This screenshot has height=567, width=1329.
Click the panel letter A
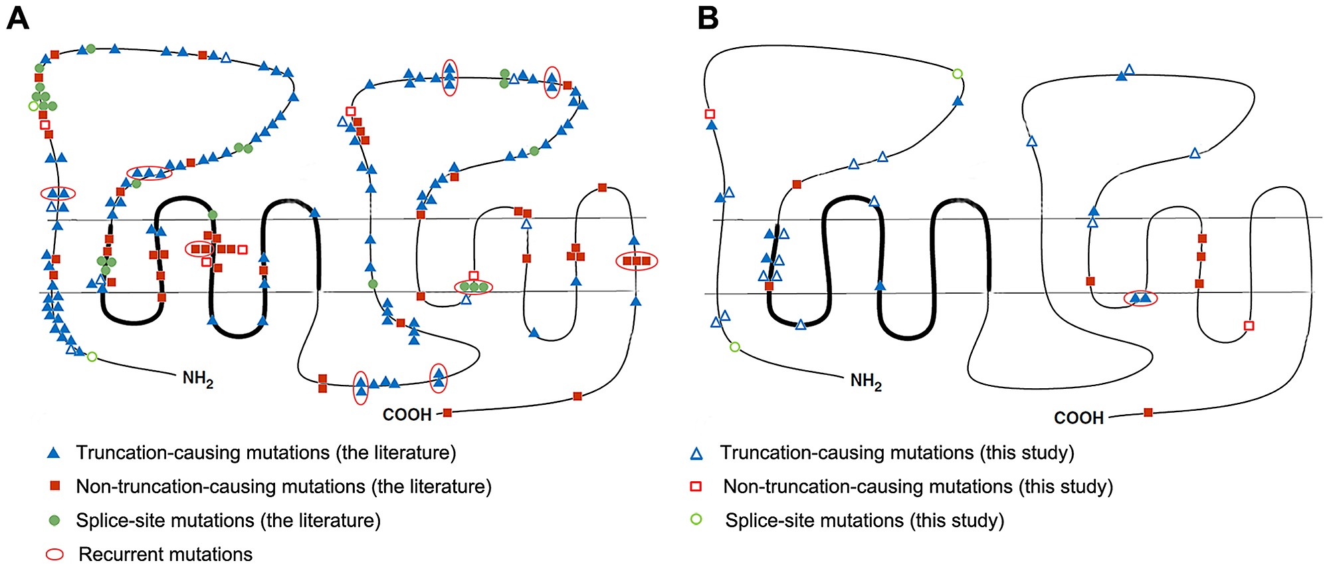pyautogui.click(x=17, y=18)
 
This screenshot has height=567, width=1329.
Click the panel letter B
pyautogui.click(x=708, y=18)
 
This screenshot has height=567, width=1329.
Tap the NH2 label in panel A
pyautogui.click(x=198, y=379)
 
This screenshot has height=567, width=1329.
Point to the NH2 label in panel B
pyautogui.click(x=866, y=382)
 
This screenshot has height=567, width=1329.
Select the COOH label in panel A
pyautogui.click(x=407, y=415)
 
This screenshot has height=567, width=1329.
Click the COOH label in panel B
pyautogui.click(x=1078, y=418)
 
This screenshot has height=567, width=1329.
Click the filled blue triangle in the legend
pyautogui.click(x=54, y=453)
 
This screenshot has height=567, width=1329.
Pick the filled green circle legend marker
pyautogui.click(x=54, y=520)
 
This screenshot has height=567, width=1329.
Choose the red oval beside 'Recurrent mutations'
pyautogui.click(x=54, y=554)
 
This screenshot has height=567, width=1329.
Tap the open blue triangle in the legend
pyautogui.click(x=696, y=454)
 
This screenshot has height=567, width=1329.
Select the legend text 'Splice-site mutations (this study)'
pyautogui.click(x=865, y=520)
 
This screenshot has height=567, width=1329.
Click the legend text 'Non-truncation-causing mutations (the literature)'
pyautogui.click(x=284, y=487)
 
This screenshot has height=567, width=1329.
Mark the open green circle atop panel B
pyautogui.click(x=958, y=74)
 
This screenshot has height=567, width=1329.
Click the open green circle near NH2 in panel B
pyautogui.click(x=735, y=347)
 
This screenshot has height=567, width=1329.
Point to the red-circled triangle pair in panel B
pyautogui.click(x=1140, y=298)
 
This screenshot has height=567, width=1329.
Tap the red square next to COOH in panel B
pyautogui.click(x=1148, y=413)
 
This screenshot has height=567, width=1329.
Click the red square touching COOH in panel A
pyautogui.click(x=448, y=413)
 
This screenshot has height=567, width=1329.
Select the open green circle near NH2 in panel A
pyautogui.click(x=92, y=357)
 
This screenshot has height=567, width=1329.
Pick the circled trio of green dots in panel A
pyautogui.click(x=474, y=287)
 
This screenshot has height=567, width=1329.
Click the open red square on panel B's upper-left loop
pyautogui.click(x=710, y=114)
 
